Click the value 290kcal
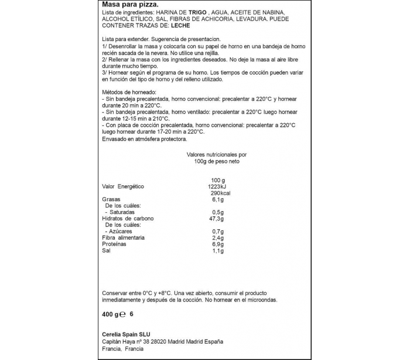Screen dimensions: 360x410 (x=220, y=193)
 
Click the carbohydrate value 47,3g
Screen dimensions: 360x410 (x=218, y=219)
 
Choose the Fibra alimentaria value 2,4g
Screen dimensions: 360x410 (x=218, y=238)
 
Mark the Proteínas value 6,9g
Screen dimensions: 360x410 (x=218, y=244)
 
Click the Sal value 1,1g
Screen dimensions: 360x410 (x=217, y=251)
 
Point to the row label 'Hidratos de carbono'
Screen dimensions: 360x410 (x=121, y=219)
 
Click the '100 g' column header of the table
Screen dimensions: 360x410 (x=218, y=180)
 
